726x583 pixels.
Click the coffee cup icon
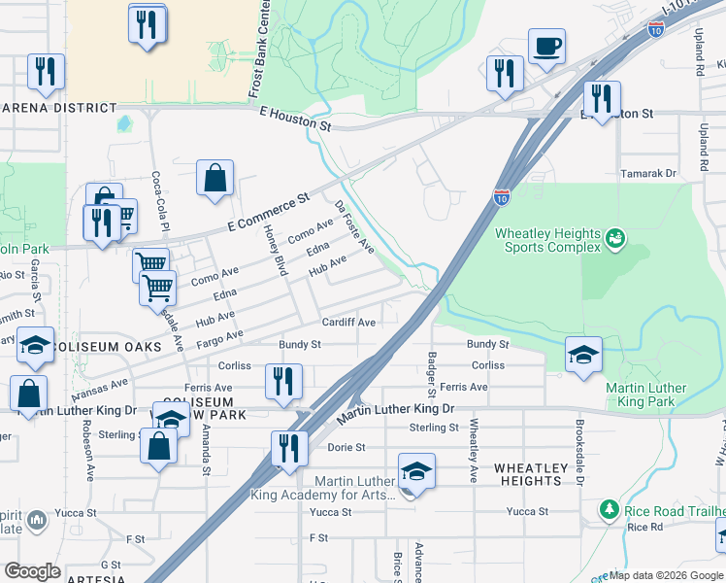[x=546, y=45]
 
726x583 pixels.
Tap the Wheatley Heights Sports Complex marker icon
[x=613, y=237]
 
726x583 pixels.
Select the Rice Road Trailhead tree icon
[x=609, y=509]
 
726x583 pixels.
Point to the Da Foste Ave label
[x=353, y=227]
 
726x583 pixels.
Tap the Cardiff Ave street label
[x=349, y=323]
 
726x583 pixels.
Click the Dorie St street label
[x=346, y=448]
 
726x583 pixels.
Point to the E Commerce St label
[x=267, y=211]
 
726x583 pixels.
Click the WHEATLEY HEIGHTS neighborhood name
[x=530, y=475]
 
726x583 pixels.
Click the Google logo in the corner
[x=32, y=571]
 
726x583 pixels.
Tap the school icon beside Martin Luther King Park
[x=582, y=353]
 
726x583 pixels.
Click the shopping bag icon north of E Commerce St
[x=214, y=178]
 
